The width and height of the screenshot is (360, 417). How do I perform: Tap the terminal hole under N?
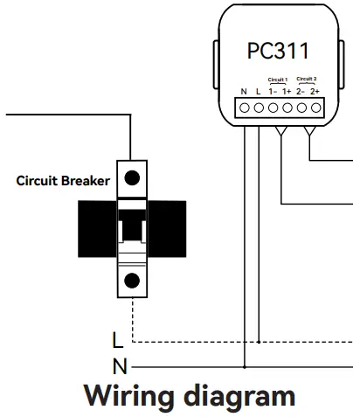(x=246, y=108)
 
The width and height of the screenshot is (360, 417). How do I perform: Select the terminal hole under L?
(x=260, y=108)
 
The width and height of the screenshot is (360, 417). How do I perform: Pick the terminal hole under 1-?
(x=273, y=108)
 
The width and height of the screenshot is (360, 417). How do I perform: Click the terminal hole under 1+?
(x=287, y=108)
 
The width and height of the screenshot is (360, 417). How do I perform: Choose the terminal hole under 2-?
(x=301, y=108)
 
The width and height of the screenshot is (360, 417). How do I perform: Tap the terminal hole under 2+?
(x=315, y=108)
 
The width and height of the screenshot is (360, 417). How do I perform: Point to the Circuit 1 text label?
(x=280, y=79)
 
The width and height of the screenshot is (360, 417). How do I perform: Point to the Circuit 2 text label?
(x=308, y=79)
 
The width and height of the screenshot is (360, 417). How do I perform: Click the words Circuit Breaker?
(x=64, y=181)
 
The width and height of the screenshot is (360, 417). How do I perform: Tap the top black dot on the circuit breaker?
(x=131, y=179)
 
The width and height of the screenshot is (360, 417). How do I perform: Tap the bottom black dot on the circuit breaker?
(x=131, y=280)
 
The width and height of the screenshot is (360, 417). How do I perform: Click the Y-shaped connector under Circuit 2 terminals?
(x=312, y=131)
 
